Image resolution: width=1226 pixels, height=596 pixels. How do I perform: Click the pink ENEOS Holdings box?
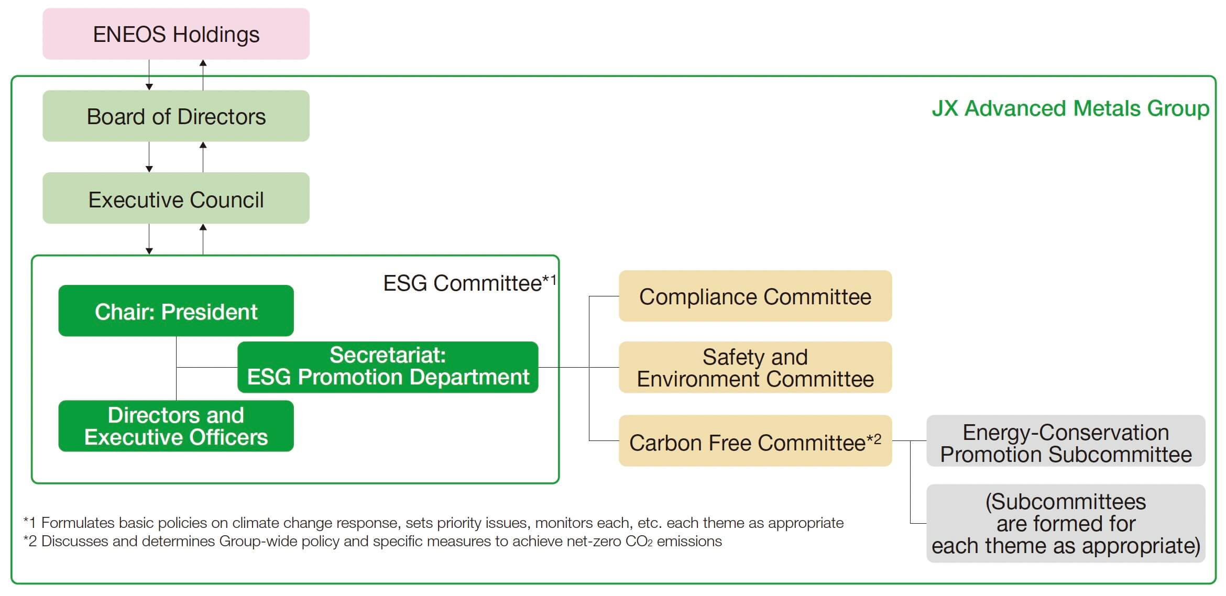click(x=176, y=34)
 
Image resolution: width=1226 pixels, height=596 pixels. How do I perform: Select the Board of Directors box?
click(x=176, y=116)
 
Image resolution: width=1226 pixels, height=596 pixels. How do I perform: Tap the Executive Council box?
click(x=176, y=198)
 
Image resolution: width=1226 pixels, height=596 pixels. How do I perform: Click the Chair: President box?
click(x=176, y=311)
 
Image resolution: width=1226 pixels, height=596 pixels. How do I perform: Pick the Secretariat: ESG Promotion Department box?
click(x=388, y=367)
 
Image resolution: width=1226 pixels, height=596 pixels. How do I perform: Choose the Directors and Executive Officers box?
click(x=176, y=426)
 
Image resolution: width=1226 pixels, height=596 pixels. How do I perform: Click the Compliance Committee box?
click(x=755, y=296)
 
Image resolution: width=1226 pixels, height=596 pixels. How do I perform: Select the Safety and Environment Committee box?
click(x=755, y=367)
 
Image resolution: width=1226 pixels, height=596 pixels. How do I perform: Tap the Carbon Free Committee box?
click(x=755, y=440)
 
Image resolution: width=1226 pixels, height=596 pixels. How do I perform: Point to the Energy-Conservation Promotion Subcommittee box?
click(x=1066, y=440)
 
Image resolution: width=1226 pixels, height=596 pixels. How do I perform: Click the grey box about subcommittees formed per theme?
click(x=1066, y=523)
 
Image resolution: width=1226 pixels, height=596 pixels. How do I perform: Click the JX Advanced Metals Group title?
click(x=1070, y=109)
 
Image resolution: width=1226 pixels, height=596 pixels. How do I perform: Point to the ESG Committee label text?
click(x=469, y=283)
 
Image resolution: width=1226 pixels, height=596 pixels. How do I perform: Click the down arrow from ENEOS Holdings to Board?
click(x=149, y=75)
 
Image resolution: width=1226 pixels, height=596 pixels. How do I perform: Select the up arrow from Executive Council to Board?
click(x=203, y=157)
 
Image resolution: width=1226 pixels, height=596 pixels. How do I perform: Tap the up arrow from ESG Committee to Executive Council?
click(x=203, y=239)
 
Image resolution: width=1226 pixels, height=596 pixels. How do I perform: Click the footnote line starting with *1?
click(x=433, y=523)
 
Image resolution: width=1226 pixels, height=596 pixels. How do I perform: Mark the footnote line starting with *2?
click(x=373, y=541)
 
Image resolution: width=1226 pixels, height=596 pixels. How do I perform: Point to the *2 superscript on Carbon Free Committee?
click(x=874, y=438)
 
